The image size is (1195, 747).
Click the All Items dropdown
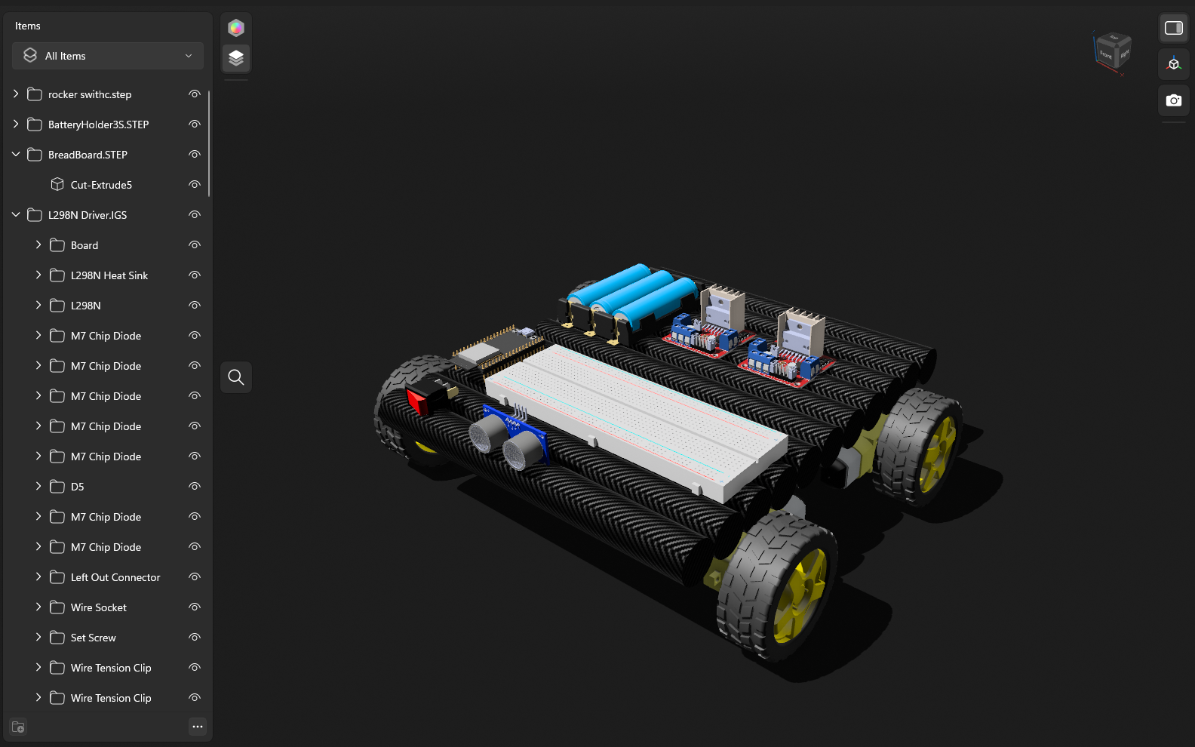tap(108, 56)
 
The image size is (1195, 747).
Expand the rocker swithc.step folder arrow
tap(16, 94)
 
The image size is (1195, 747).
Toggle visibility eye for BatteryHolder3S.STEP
tap(194, 124)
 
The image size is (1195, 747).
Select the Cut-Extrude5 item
tap(101, 185)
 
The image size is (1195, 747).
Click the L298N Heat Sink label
tap(109, 275)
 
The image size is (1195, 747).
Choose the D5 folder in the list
tap(78, 487)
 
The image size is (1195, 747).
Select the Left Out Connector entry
tap(115, 577)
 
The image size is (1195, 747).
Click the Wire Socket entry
tap(99, 607)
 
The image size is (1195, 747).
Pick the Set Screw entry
tap(94, 638)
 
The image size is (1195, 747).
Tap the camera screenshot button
tap(1173, 100)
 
